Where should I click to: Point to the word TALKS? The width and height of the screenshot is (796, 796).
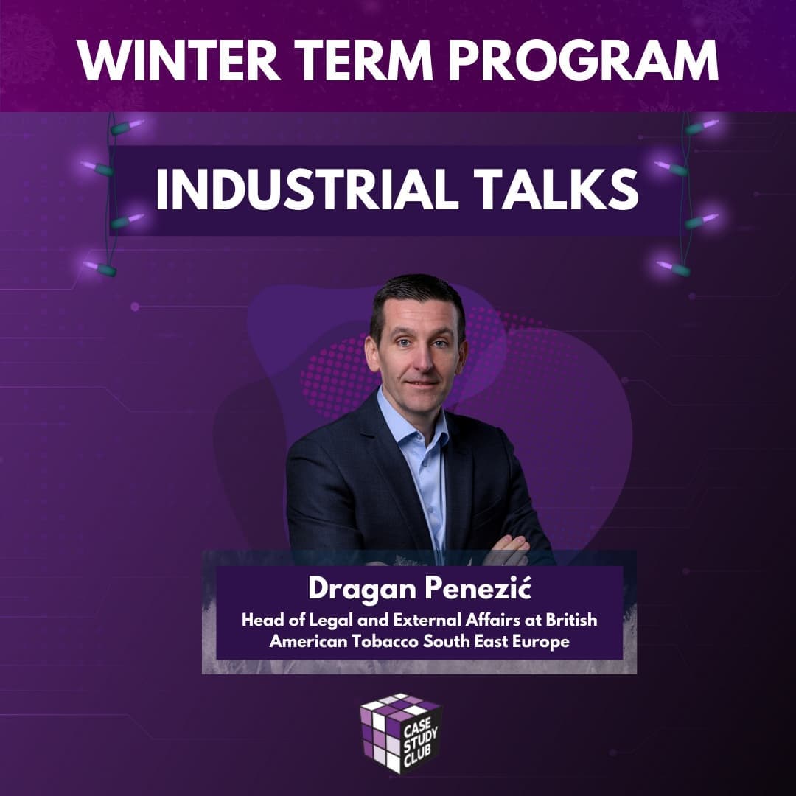tap(556, 189)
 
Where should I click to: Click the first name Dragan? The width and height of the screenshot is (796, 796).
tap(362, 590)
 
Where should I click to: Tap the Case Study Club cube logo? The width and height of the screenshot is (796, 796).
tap(400, 733)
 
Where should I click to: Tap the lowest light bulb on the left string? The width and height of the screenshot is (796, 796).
tap(99, 268)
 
